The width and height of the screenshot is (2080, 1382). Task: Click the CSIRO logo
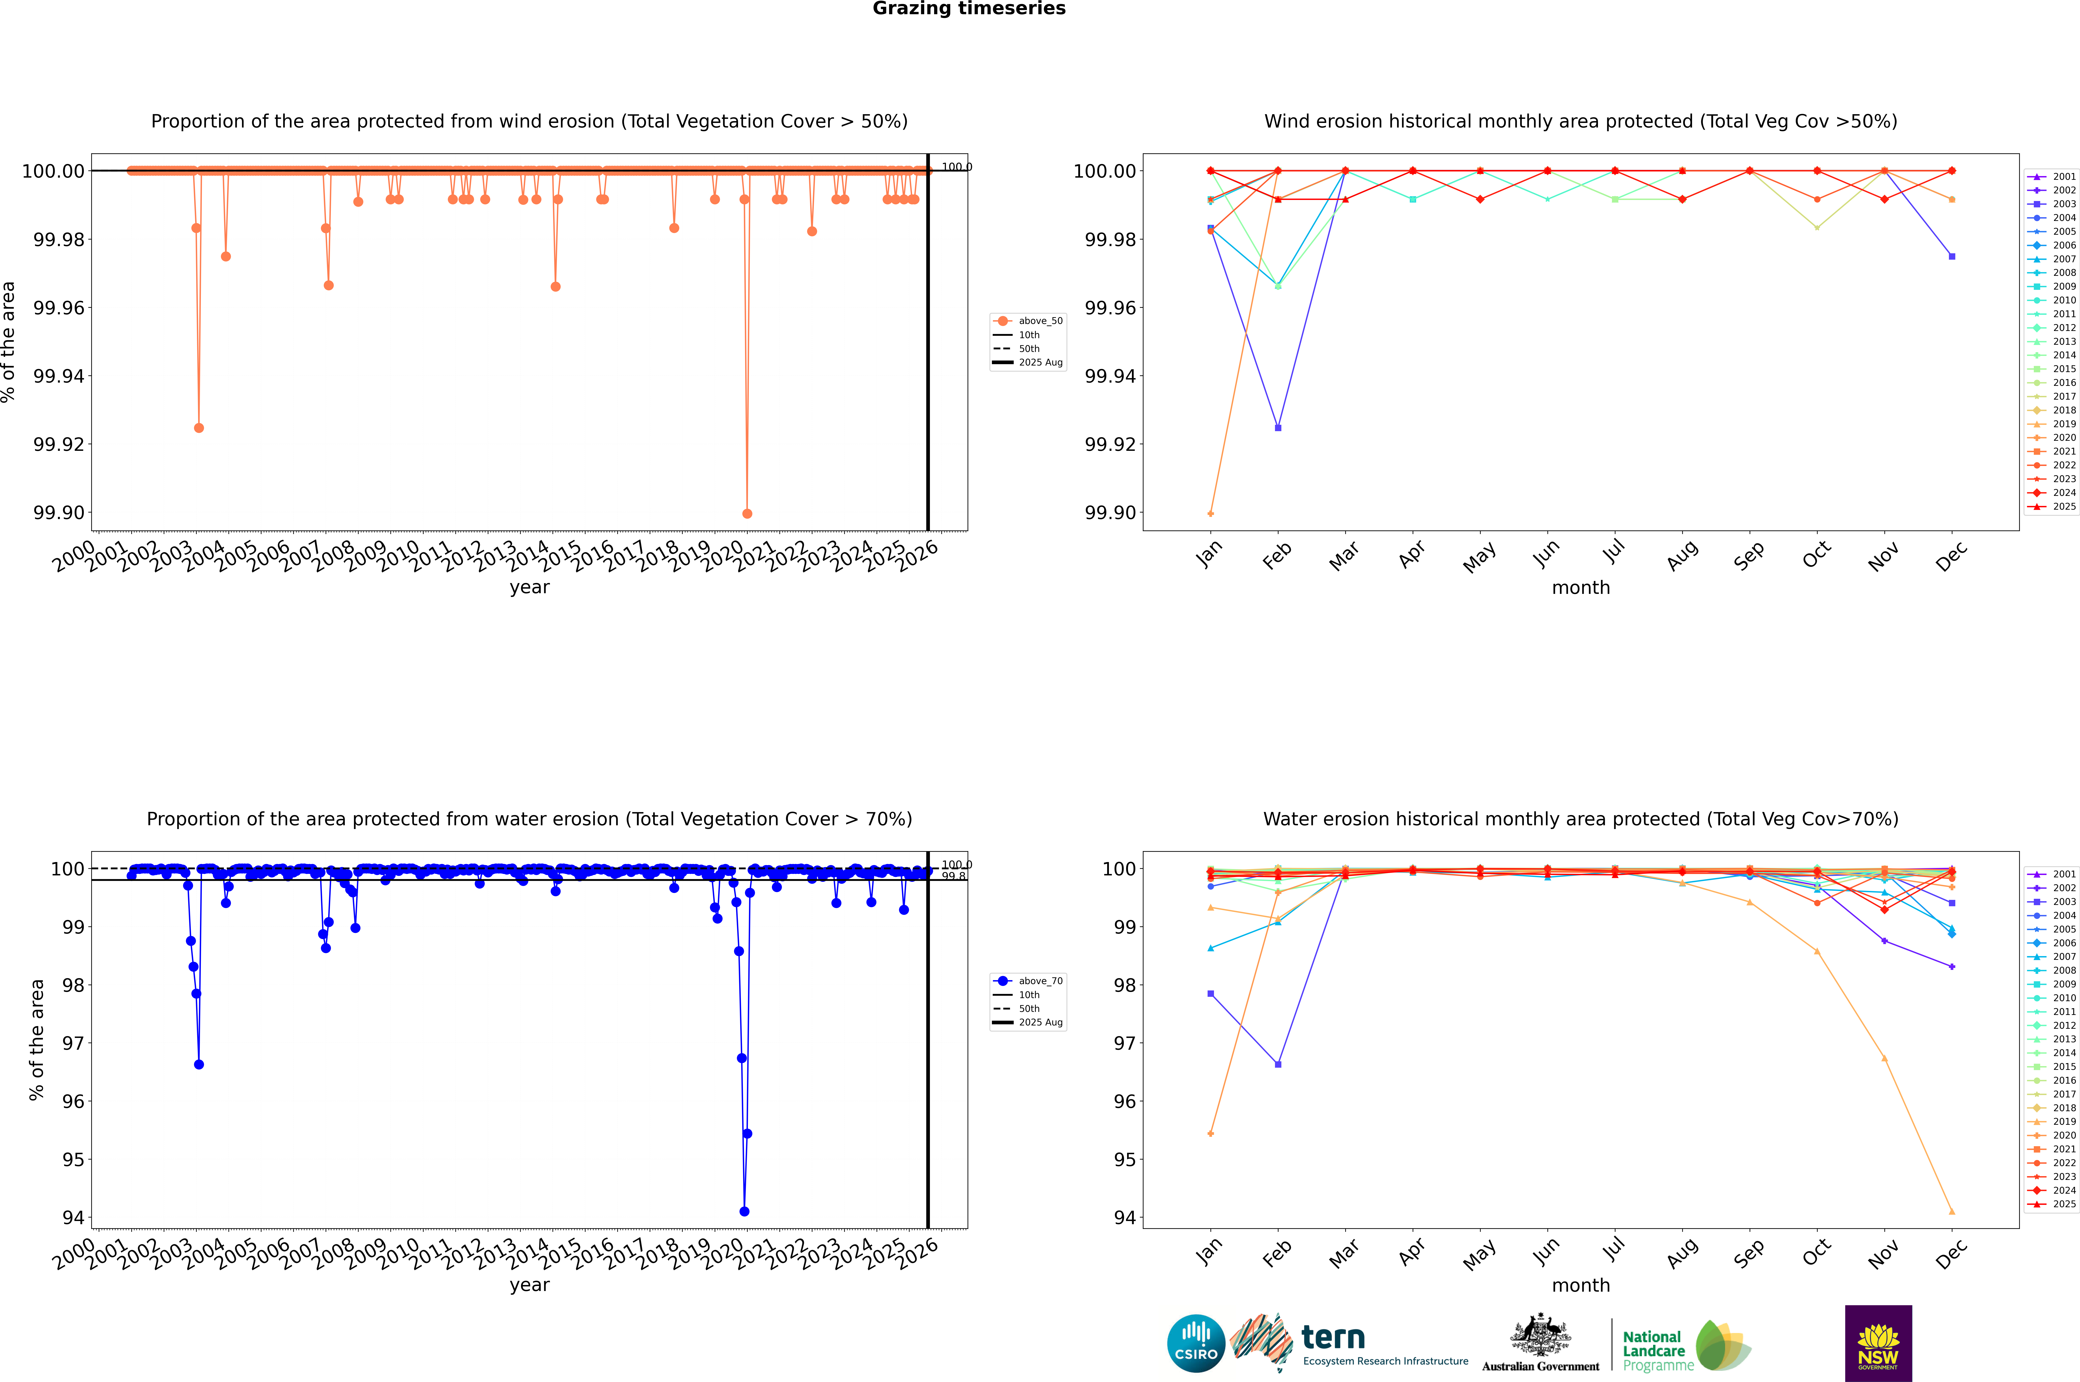point(1196,1343)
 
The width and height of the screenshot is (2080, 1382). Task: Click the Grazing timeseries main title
point(969,9)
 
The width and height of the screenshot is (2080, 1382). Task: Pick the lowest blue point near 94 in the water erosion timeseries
point(744,1211)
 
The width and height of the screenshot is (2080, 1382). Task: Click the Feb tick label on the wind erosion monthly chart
point(1277,555)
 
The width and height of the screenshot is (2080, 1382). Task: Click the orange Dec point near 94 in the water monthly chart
point(1951,1211)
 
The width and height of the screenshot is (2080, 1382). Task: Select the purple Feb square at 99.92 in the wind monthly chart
point(1278,427)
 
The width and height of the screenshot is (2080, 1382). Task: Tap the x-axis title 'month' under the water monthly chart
point(1580,1285)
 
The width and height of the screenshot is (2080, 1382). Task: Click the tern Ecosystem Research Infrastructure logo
point(1349,1343)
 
